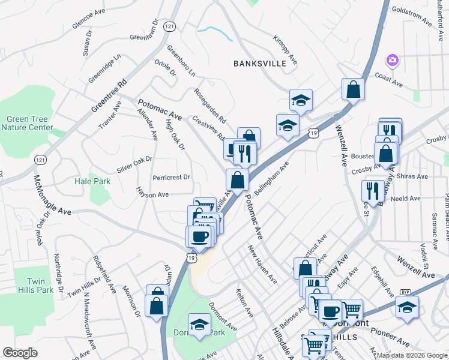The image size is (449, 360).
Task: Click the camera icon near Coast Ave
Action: point(393,60)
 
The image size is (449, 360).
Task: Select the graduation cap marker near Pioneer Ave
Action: point(407,307)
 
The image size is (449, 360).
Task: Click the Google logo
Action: point(20,353)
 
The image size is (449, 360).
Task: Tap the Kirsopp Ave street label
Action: point(285,50)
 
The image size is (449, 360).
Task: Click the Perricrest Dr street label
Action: point(171,177)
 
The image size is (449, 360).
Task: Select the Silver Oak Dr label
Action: point(134,165)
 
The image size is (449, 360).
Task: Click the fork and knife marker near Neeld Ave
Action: point(372,191)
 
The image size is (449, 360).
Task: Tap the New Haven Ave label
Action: point(262,264)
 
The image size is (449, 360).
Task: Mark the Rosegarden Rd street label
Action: point(210,104)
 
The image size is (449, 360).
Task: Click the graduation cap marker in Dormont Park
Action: point(199,325)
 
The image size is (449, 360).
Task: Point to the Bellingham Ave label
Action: point(272,176)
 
